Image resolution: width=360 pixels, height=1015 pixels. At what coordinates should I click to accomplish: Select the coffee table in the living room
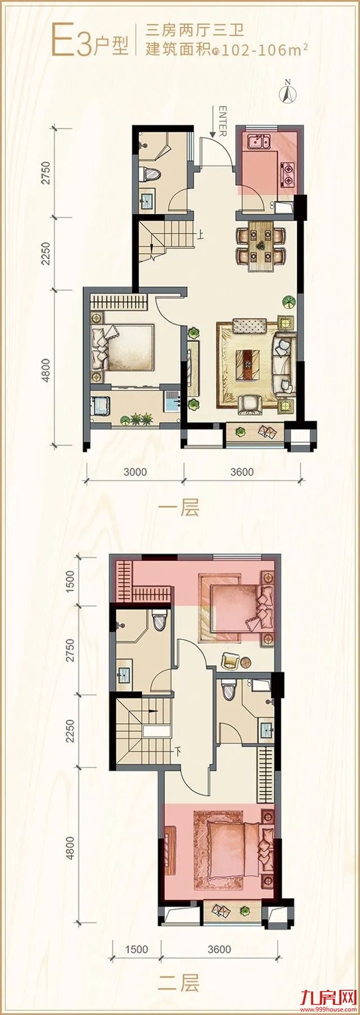pyautogui.click(x=248, y=364)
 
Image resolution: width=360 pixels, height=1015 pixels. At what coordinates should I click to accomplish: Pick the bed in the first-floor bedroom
pyautogui.click(x=123, y=348)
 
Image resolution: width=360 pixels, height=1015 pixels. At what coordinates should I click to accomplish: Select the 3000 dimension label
pyautogui.click(x=135, y=472)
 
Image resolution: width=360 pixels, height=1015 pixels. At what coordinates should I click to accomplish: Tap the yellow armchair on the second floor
pyautogui.click(x=230, y=661)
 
